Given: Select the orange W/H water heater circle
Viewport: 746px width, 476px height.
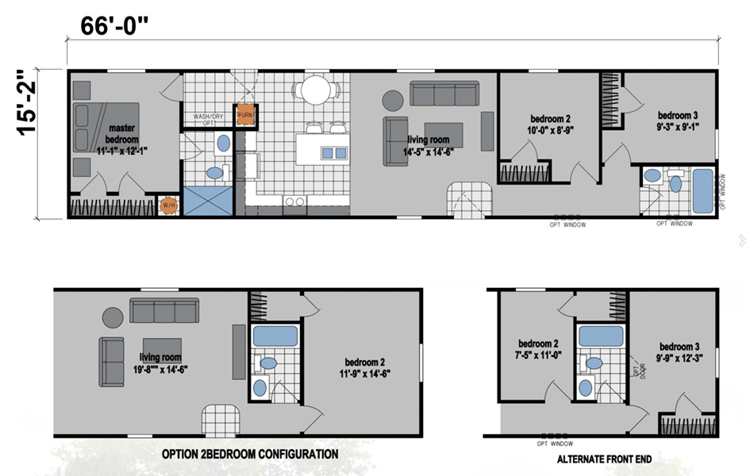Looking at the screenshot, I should click(168, 206).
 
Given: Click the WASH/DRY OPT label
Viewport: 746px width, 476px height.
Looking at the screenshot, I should click(204, 120).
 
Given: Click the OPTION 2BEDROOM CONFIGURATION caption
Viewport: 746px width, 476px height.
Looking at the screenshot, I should click(250, 455).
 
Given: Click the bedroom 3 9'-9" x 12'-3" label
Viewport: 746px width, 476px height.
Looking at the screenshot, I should click(681, 352).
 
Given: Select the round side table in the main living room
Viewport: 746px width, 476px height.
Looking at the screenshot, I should click(394, 100).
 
